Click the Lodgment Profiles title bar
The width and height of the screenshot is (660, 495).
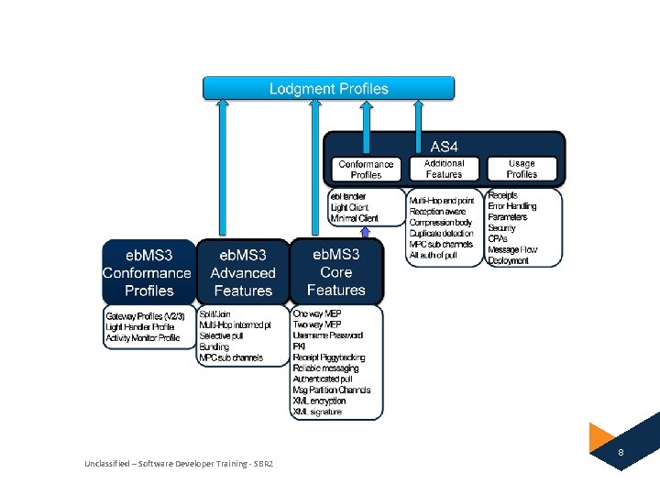coord(328,89)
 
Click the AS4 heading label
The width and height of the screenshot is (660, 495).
coord(445,146)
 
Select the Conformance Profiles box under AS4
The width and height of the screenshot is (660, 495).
coord(366,170)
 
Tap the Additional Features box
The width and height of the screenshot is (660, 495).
coord(444,169)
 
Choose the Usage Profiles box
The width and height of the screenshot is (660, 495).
coord(522,169)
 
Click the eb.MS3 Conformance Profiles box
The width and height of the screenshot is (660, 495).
coord(148,272)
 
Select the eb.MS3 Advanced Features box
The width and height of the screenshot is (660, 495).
coord(243,272)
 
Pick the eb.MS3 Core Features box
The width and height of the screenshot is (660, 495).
coord(336,271)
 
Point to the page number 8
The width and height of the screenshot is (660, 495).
coord(621,453)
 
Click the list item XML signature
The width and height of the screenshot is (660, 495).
coord(317,412)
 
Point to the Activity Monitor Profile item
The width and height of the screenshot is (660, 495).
coord(143,337)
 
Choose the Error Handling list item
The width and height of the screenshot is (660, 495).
coord(512,206)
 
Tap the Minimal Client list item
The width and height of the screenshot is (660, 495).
coord(355,218)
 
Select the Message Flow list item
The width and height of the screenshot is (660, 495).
coord(512,249)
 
